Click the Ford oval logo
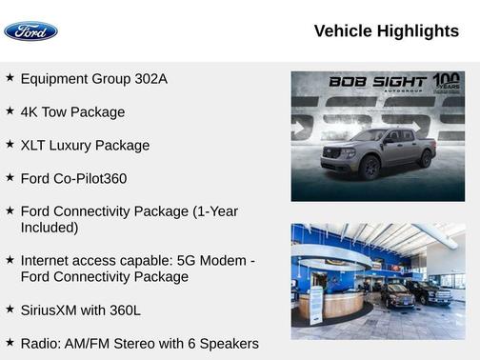click(x=30, y=31)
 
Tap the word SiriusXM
click(x=52, y=310)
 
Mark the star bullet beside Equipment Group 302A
click(x=10, y=77)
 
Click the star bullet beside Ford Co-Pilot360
click(x=10, y=177)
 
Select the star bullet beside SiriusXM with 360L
click(x=10, y=309)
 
